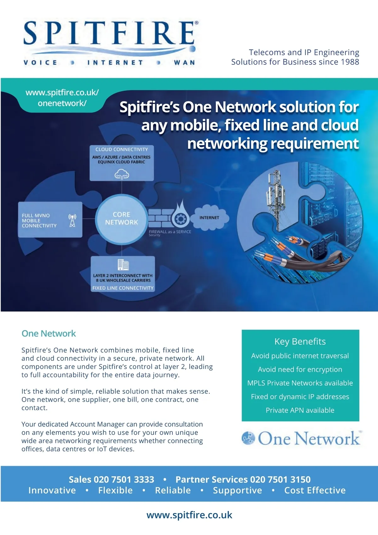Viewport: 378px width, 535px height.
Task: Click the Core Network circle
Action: click(121, 218)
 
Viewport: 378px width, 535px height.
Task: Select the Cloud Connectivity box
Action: click(122, 163)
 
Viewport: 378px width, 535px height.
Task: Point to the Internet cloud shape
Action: click(209, 217)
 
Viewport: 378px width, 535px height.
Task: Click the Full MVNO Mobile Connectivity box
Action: click(50, 220)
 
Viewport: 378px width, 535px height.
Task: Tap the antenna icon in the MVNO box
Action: click(72, 221)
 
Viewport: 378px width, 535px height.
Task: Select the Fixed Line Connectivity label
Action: click(123, 288)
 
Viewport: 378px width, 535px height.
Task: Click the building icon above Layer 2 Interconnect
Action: click(123, 265)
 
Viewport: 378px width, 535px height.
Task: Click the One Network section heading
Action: click(49, 334)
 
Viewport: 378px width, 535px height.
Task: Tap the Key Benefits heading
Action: click(300, 342)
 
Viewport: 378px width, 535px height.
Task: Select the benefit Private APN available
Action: click(300, 410)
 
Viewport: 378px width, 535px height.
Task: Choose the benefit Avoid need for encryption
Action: click(300, 369)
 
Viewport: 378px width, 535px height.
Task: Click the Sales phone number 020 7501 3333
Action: click(124, 480)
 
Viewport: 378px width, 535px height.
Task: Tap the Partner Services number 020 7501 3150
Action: click(280, 480)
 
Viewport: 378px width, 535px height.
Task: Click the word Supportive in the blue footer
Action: click(238, 491)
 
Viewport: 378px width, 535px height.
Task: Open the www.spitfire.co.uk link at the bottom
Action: click(189, 515)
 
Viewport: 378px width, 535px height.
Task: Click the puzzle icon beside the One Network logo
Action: click(248, 438)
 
